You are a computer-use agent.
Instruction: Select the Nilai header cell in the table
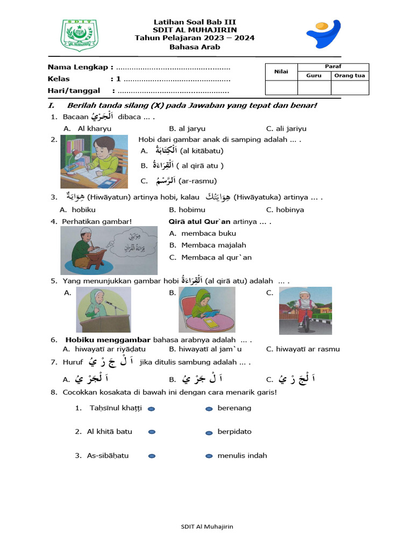coord(281,71)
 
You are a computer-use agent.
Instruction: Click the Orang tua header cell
coord(350,76)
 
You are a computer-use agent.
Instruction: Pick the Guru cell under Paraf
coord(314,76)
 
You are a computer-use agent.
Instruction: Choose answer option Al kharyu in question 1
coord(95,128)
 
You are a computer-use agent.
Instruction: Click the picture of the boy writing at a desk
coord(94,162)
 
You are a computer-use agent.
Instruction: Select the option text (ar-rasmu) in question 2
coord(198,181)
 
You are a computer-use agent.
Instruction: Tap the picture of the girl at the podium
coord(103,309)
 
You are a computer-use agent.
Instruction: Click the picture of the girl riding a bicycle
coord(305,310)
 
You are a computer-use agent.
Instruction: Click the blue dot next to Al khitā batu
coord(152,432)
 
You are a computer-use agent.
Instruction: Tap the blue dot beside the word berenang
coord(209,409)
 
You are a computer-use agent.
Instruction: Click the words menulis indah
coord(242,455)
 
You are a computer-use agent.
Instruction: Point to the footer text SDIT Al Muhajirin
coord(206,527)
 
